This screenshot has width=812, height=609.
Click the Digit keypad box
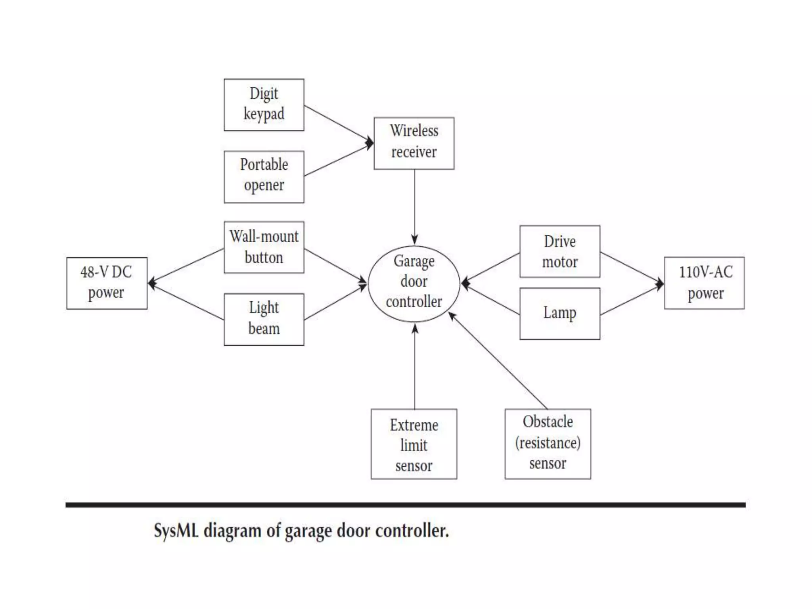click(x=264, y=105)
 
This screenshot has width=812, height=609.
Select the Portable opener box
click(x=264, y=177)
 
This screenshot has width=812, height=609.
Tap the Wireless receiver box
click(x=414, y=143)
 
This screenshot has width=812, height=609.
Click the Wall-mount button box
click(x=264, y=247)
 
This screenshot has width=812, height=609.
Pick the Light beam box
click(x=264, y=319)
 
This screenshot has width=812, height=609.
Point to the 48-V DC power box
click(x=107, y=283)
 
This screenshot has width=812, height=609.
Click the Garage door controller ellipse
click(x=414, y=283)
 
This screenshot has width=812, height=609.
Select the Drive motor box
click(x=559, y=251)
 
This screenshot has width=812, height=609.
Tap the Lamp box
click(x=559, y=313)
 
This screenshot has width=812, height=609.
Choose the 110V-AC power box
click(x=704, y=283)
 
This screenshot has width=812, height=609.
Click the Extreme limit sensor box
click(x=414, y=444)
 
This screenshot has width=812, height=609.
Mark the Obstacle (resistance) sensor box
click(x=548, y=444)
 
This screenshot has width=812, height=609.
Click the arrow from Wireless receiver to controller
click(x=415, y=206)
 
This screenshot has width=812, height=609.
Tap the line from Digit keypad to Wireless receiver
click(x=337, y=123)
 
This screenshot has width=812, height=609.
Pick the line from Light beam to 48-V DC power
click(x=186, y=301)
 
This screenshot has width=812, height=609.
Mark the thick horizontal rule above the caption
click(x=405, y=505)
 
